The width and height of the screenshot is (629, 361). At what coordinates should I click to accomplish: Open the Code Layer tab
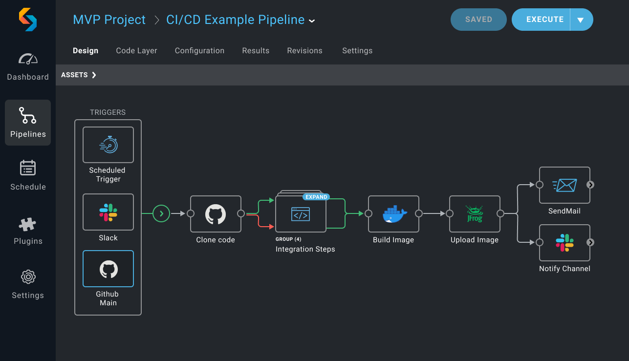(x=136, y=51)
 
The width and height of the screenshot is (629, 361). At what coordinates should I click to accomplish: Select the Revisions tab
(x=304, y=51)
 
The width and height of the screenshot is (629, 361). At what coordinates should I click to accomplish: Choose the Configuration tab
(x=199, y=51)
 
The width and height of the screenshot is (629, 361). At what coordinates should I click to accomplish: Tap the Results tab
(x=256, y=51)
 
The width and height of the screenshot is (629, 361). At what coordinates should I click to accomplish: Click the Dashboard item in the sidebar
(x=28, y=66)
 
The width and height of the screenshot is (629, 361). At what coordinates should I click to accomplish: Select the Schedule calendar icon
(x=28, y=168)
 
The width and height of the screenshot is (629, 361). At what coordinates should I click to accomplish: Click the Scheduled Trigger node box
(x=108, y=145)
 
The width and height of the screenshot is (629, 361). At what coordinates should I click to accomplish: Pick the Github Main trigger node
(x=108, y=269)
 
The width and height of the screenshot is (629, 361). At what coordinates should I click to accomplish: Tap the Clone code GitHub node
(x=216, y=214)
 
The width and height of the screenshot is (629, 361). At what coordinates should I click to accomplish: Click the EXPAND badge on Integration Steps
(x=316, y=197)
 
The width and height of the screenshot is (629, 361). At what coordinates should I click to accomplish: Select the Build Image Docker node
(x=393, y=214)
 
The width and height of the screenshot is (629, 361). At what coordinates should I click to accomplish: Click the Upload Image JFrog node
(x=475, y=214)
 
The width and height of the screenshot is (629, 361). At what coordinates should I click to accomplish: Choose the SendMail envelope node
(x=564, y=185)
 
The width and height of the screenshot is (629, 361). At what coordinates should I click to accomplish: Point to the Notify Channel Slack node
(x=564, y=243)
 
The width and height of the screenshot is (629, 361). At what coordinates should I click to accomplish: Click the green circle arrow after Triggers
(x=161, y=213)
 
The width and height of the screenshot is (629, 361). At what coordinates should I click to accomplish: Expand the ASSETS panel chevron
(x=94, y=75)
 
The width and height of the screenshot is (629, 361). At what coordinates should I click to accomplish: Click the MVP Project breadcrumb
(x=109, y=20)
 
